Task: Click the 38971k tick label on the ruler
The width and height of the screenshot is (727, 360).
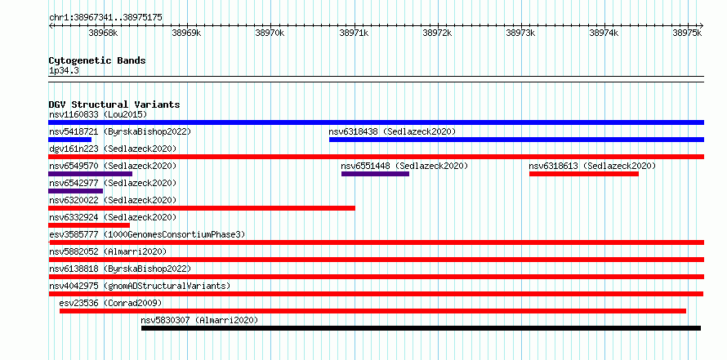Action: (x=355, y=33)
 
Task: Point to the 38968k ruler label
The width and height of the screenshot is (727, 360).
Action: (x=104, y=33)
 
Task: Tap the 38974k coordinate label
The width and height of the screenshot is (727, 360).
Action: (x=604, y=33)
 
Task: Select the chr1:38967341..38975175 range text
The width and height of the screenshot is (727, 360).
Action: (x=105, y=18)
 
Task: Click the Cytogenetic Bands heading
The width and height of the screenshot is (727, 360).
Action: (x=97, y=60)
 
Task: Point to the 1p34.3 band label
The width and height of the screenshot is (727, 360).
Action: (x=64, y=71)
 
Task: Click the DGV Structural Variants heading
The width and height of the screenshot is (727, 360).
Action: (x=114, y=104)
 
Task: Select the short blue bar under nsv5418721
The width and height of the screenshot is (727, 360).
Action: (x=70, y=140)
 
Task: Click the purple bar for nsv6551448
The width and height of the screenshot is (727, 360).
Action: (x=375, y=174)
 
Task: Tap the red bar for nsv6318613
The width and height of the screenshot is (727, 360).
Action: (x=584, y=174)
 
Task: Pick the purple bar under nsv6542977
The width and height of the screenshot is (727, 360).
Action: (x=76, y=191)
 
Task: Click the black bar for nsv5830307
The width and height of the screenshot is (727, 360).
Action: (x=421, y=328)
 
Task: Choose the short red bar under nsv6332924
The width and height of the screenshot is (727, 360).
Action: (x=89, y=225)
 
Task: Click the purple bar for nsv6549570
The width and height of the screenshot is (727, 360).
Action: (x=91, y=174)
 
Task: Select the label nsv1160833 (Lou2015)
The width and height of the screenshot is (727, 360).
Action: (x=98, y=114)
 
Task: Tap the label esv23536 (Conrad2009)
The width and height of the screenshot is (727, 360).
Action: (x=110, y=304)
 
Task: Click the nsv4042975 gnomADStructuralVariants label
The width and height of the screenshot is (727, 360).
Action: (x=140, y=287)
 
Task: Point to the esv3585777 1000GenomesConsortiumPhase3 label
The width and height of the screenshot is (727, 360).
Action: (x=147, y=235)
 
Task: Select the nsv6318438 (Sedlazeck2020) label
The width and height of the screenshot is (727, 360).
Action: (x=392, y=132)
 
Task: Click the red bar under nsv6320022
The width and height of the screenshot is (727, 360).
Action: (x=202, y=208)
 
